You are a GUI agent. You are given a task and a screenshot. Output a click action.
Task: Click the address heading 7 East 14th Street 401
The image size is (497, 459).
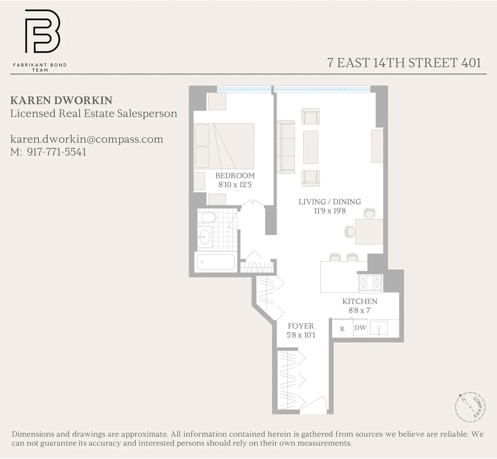click(404, 63)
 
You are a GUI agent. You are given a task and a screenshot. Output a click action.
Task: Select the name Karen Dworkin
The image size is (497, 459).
click(61, 101)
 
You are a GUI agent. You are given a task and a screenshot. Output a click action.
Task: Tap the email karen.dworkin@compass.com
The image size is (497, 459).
click(87, 139)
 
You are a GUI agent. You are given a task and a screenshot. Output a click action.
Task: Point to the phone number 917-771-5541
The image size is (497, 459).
click(57, 152)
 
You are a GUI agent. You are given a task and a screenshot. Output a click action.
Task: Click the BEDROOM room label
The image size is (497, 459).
click(235, 176)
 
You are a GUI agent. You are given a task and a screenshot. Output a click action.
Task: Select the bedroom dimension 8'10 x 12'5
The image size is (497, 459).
click(235, 185)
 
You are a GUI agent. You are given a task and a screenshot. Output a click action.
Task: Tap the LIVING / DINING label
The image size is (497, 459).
click(330, 202)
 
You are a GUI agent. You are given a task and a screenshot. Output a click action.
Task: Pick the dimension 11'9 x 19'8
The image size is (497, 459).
click(330, 211)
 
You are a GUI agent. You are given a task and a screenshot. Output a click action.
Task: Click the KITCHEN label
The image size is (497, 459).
click(359, 302)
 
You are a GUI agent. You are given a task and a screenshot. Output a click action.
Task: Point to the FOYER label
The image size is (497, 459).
click(301, 326)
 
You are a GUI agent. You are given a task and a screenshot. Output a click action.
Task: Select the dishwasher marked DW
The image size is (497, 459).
click(360, 328)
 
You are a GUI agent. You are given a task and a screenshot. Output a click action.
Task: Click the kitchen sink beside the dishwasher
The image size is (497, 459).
click(379, 329)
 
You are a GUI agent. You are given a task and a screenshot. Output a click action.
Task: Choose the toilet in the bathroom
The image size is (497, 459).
click(207, 217)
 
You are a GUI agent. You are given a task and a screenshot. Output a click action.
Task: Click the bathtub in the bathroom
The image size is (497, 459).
click(215, 262)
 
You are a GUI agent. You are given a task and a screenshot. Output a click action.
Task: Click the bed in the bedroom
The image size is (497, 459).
click(226, 145)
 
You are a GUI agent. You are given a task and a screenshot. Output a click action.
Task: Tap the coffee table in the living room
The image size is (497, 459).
click(311, 147)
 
